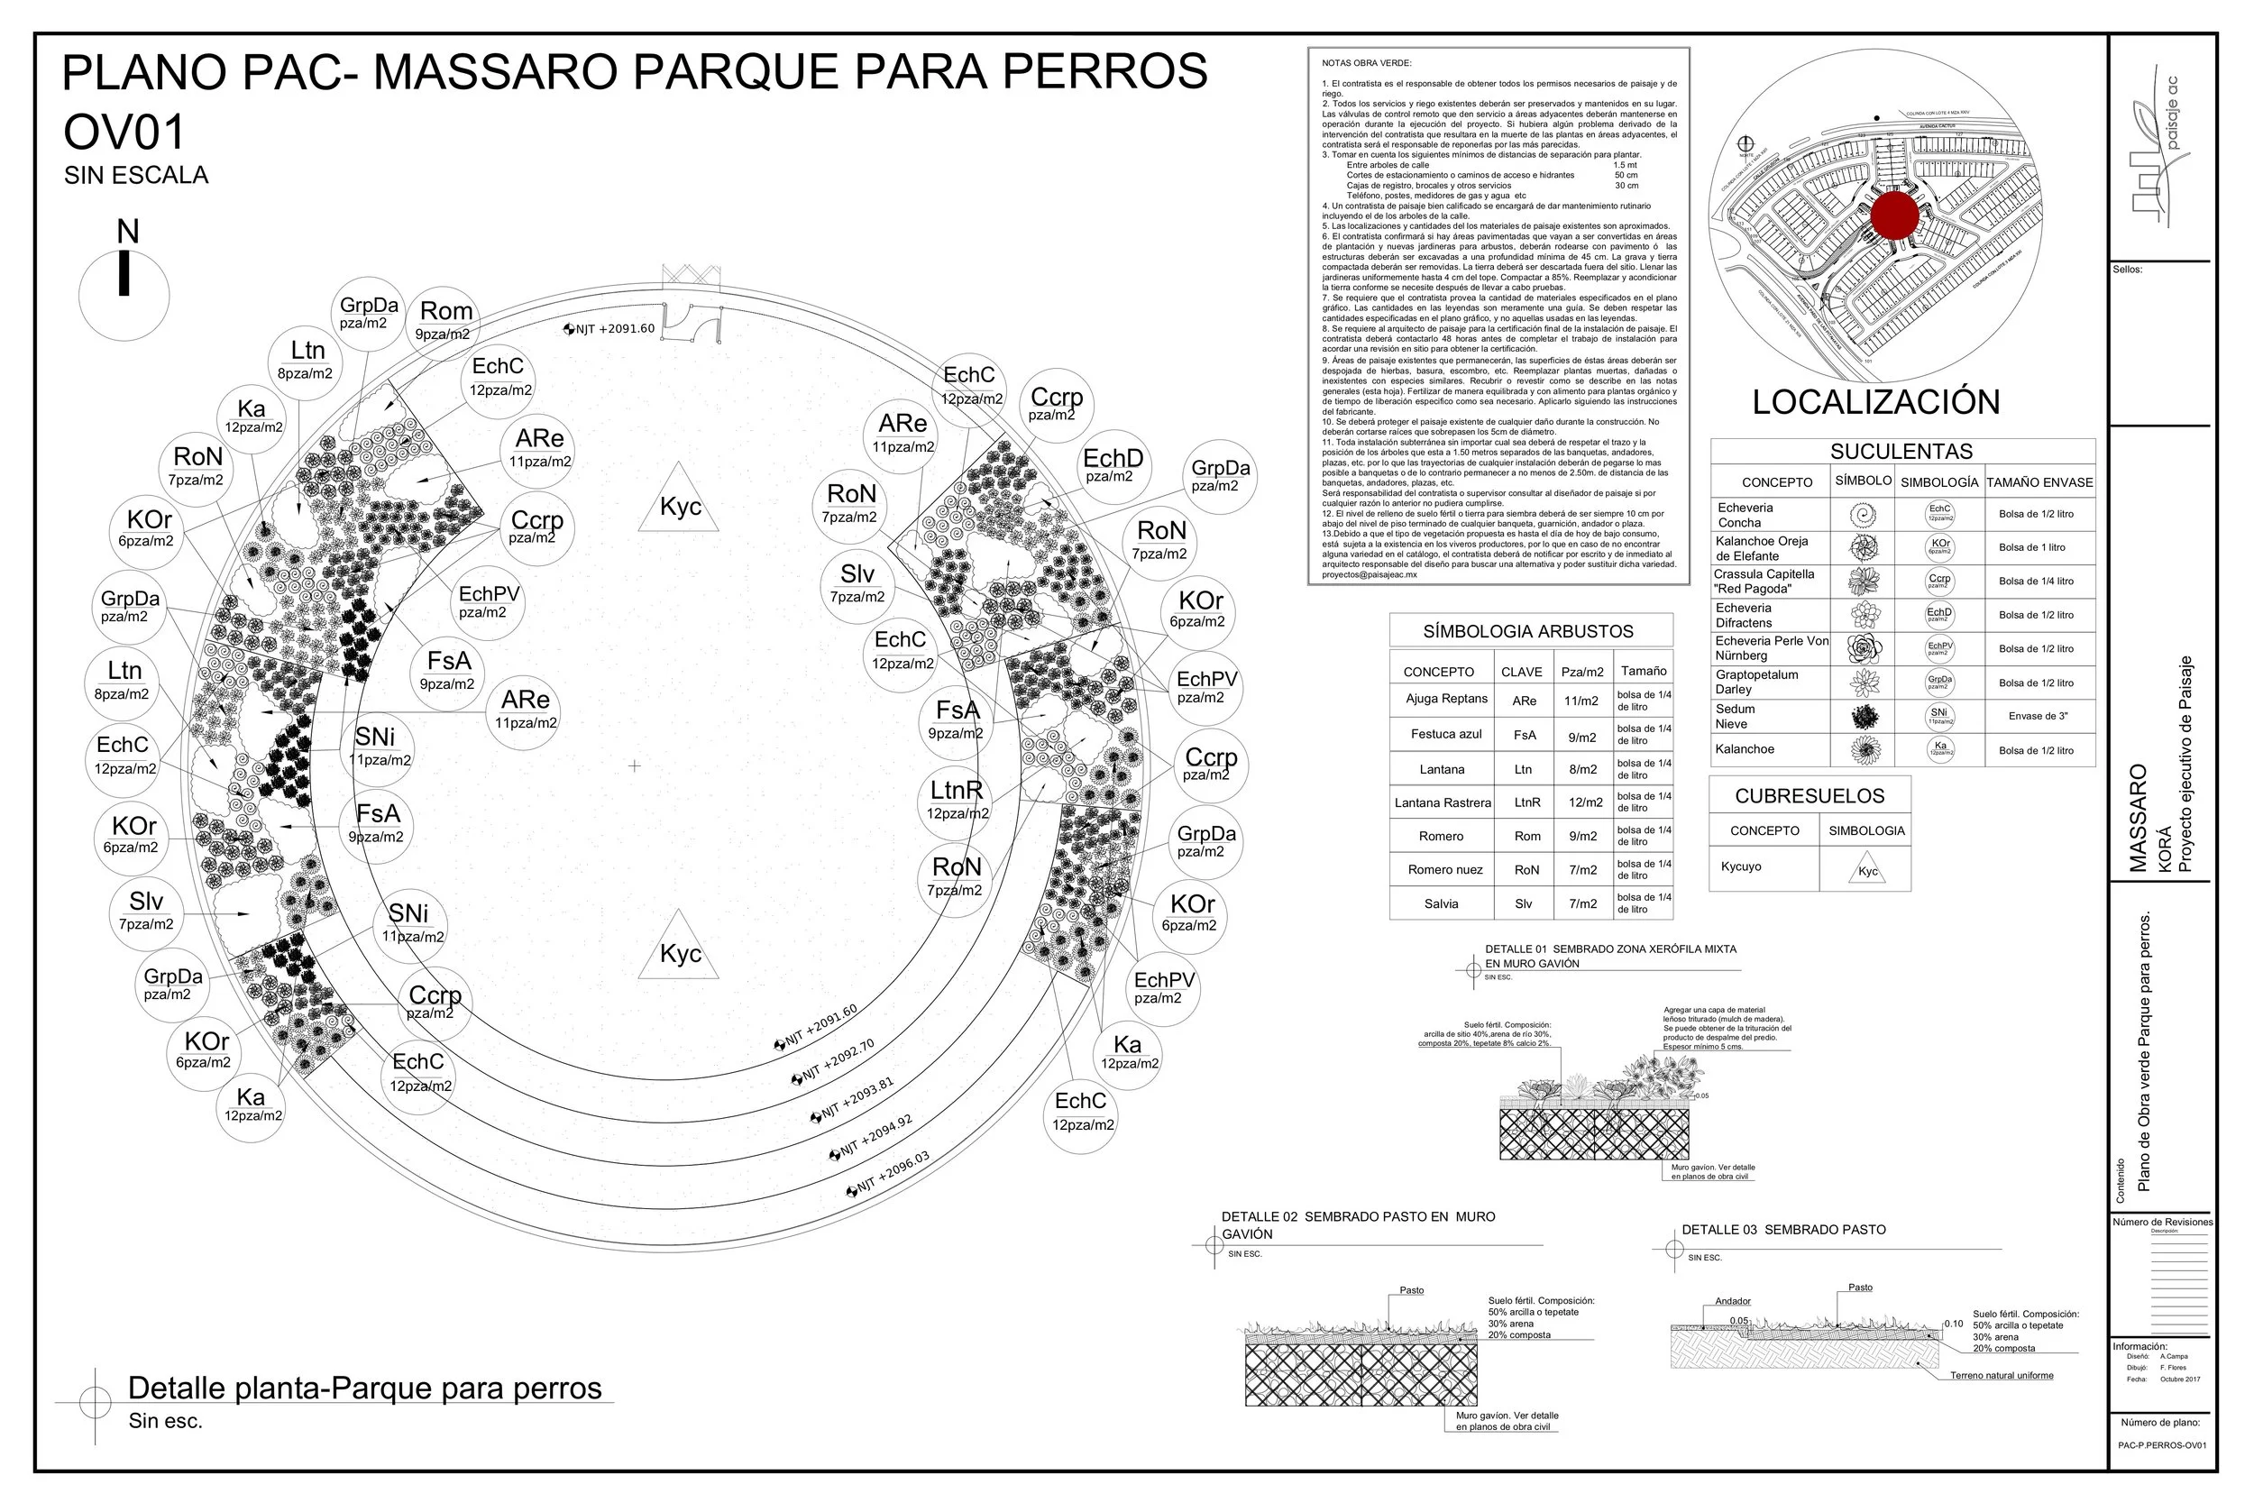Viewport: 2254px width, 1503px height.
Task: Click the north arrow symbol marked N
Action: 124,273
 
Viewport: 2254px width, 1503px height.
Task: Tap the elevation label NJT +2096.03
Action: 888,1174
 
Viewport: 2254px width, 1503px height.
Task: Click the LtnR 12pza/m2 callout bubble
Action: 957,801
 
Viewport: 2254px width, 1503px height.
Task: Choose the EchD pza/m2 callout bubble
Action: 1113,466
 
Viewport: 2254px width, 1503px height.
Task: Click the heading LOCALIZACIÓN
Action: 1875,401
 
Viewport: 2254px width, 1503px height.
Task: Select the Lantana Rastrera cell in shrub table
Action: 1443,802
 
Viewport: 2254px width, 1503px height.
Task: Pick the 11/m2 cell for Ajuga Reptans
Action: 1581,701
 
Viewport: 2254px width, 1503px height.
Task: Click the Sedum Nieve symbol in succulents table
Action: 1864,716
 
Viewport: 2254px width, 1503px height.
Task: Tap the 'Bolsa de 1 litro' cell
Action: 2038,547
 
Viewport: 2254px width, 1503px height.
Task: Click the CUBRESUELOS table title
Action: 1810,795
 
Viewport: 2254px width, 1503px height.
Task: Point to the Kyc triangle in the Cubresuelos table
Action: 1868,868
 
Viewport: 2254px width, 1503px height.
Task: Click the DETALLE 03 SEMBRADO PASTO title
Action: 1783,1230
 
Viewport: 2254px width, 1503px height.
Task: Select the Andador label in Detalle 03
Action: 1733,1301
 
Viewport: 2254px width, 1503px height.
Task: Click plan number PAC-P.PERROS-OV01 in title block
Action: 2162,1445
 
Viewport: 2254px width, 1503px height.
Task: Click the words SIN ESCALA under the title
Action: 136,176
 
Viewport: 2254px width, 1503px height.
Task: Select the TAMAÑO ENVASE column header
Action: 2039,482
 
